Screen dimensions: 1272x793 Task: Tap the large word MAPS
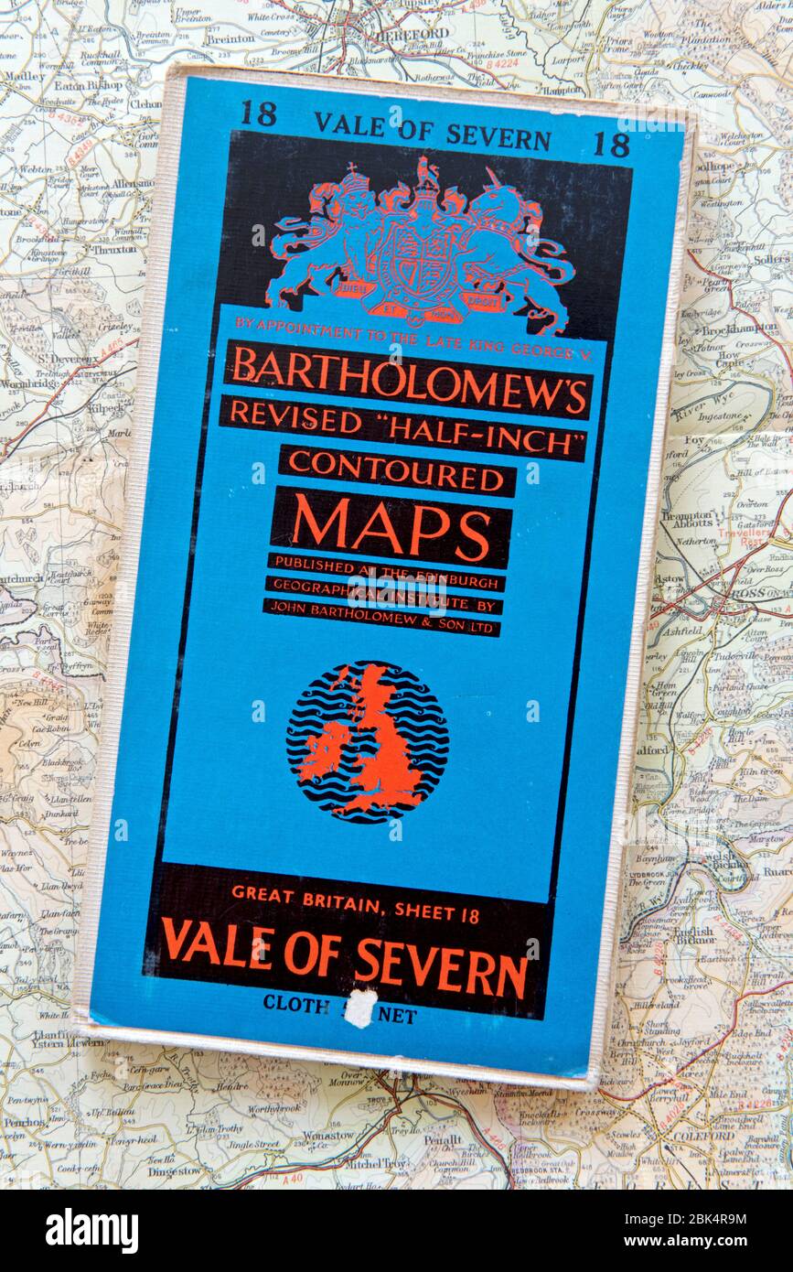coord(391,527)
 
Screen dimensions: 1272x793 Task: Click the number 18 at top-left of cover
coord(258,113)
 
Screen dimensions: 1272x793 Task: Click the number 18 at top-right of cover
coord(612,144)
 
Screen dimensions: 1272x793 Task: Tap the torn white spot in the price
coord(362,1008)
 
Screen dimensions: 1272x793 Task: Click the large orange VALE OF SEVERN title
coord(345,955)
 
